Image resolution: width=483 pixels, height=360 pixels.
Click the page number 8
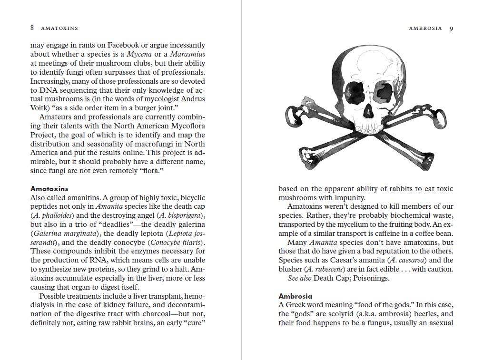coord(32,28)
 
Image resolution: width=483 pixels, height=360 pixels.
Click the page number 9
coord(451,28)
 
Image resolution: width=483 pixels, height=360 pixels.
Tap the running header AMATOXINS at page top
coord(59,29)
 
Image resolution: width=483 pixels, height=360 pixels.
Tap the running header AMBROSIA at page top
coord(425,29)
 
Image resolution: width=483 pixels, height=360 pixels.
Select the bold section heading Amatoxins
coord(49,189)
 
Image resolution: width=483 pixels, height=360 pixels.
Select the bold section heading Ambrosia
coord(295,296)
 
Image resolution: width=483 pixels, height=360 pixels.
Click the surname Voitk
coord(40,108)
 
